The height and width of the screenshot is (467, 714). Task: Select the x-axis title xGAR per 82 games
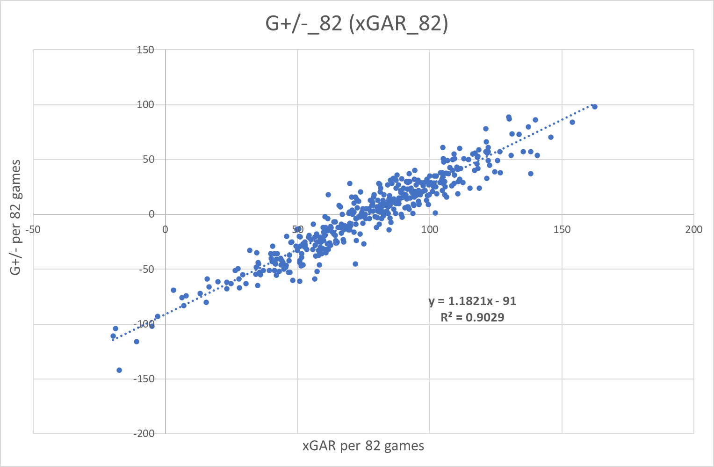click(x=363, y=446)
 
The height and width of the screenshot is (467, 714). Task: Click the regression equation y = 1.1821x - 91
click(x=472, y=301)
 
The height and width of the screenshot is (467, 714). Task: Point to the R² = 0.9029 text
click(x=472, y=317)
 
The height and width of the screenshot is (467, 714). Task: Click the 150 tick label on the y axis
click(x=145, y=50)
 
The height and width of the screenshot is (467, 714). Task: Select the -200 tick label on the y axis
click(x=144, y=433)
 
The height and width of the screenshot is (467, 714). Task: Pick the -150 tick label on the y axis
click(x=144, y=379)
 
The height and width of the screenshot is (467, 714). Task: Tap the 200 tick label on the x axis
click(x=694, y=229)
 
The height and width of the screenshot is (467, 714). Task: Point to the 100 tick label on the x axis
click(x=429, y=229)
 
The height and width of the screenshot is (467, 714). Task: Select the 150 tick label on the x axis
click(x=562, y=229)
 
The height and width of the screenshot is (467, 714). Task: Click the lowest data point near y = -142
click(x=119, y=370)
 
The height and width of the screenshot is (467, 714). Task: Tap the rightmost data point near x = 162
click(x=595, y=107)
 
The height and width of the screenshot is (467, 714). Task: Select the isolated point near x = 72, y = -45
click(x=355, y=264)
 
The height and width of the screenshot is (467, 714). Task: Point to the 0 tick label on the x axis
click(x=165, y=229)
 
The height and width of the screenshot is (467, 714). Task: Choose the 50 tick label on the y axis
click(x=149, y=159)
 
